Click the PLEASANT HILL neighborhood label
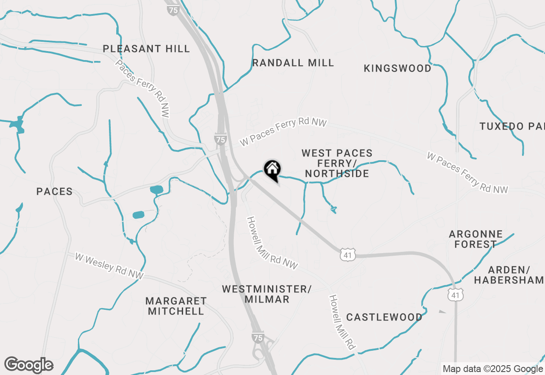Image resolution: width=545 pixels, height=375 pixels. pyautogui.click(x=146, y=49)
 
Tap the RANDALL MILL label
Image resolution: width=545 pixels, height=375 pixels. pyautogui.click(x=293, y=63)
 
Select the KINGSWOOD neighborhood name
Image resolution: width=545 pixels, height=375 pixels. pyautogui.click(x=397, y=68)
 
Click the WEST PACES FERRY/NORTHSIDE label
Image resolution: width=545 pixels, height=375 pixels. pyautogui.click(x=337, y=163)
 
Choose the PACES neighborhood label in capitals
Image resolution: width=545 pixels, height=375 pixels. pyautogui.click(x=54, y=192)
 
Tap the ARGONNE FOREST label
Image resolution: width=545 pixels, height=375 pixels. pyautogui.click(x=476, y=239)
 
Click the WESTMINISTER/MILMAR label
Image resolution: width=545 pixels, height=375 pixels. pyautogui.click(x=267, y=294)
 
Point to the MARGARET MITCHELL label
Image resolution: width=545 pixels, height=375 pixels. pyautogui.click(x=176, y=306)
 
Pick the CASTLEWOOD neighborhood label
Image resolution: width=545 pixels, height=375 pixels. pyautogui.click(x=384, y=317)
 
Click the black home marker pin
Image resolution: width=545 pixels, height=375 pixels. pyautogui.click(x=272, y=170)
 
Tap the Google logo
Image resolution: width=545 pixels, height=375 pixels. pyautogui.click(x=29, y=365)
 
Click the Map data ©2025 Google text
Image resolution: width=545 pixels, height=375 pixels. pyautogui.click(x=492, y=369)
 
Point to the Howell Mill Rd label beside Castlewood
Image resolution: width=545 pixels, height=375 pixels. pyautogui.click(x=342, y=322)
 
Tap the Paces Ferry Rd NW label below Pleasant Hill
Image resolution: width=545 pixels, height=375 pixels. pyautogui.click(x=143, y=89)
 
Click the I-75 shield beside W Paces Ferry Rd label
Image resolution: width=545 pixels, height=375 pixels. pyautogui.click(x=220, y=139)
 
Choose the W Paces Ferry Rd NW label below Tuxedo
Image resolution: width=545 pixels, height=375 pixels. pyautogui.click(x=468, y=173)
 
